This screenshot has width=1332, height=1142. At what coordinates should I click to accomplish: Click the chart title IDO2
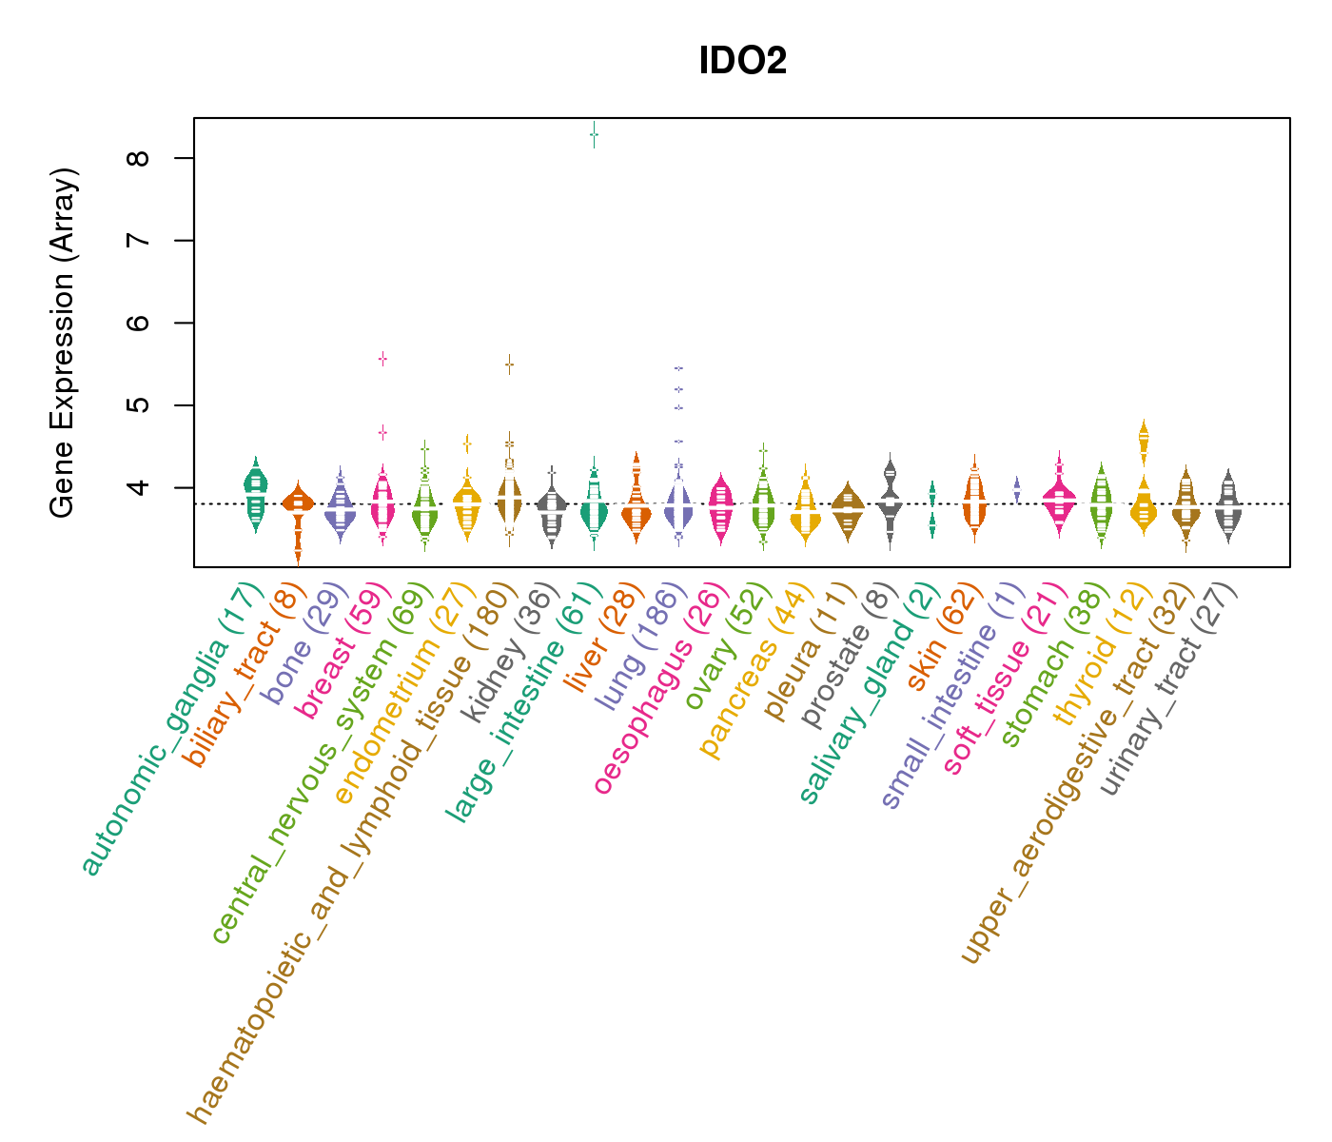pyautogui.click(x=742, y=62)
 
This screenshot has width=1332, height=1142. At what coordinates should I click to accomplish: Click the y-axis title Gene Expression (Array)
pyautogui.click(x=63, y=344)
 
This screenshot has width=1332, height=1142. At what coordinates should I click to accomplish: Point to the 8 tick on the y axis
pyautogui.click(x=144, y=158)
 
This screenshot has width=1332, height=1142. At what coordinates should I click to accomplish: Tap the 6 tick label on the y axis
pyautogui.click(x=144, y=323)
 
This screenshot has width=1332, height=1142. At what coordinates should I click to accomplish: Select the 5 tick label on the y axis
pyautogui.click(x=144, y=405)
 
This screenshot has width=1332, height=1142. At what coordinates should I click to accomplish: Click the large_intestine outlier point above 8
pyautogui.click(x=594, y=135)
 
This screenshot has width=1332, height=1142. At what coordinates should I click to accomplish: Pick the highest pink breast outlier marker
pyautogui.click(x=382, y=359)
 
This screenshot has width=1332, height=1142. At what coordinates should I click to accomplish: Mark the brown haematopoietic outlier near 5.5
pyautogui.click(x=509, y=364)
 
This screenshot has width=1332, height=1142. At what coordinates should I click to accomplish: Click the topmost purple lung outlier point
pyautogui.click(x=678, y=367)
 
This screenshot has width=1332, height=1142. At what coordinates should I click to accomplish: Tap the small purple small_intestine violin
pyautogui.click(x=1017, y=489)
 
